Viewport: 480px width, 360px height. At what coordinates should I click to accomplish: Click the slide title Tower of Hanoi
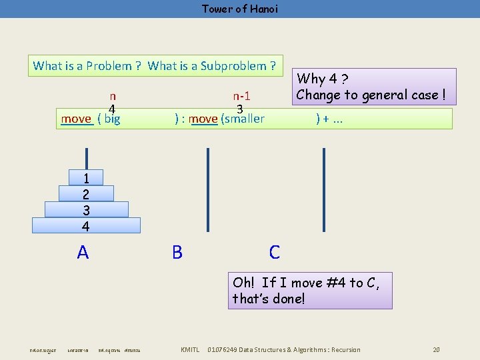point(239,9)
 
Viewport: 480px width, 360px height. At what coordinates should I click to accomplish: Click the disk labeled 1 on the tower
point(85,177)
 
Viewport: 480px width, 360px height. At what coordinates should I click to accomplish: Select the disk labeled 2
point(85,194)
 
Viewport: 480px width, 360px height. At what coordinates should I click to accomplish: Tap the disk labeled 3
point(85,210)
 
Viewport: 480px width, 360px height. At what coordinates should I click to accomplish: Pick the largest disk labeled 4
point(85,226)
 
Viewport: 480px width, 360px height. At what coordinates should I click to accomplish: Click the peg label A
point(83,252)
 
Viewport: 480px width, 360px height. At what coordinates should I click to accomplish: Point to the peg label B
point(177,252)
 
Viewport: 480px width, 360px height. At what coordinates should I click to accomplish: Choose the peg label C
point(275,252)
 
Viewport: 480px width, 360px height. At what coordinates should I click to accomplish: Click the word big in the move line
point(112,119)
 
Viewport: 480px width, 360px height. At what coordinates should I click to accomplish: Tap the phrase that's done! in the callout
point(269,299)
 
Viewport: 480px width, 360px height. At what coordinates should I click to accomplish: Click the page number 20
point(436,350)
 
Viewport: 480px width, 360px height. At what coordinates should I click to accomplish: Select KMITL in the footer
point(190,350)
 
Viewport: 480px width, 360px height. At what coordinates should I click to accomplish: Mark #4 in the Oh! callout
point(335,283)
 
